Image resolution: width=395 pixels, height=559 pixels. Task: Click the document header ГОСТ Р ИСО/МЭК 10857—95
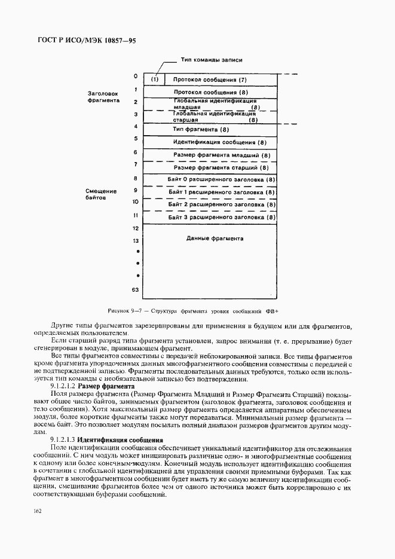[x=78, y=41]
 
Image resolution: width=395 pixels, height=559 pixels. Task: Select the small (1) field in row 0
[x=155, y=80]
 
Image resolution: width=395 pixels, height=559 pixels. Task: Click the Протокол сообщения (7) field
[x=210, y=80]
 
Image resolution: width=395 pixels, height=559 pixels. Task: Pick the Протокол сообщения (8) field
[x=210, y=92]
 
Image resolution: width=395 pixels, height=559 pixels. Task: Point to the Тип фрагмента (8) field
[x=201, y=129]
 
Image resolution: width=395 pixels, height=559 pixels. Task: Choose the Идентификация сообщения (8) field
[x=219, y=142]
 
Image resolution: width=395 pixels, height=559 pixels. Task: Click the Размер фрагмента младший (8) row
[x=222, y=155]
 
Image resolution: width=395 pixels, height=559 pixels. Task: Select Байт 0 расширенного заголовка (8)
[x=222, y=179]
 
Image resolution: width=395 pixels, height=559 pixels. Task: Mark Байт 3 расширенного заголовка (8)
[x=222, y=217]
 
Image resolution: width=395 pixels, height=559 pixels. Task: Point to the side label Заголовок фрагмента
[x=103, y=97]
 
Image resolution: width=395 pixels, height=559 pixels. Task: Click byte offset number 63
[x=136, y=290]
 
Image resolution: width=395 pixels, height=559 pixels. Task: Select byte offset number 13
[x=136, y=240]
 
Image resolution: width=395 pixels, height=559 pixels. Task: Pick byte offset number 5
[x=136, y=139]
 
